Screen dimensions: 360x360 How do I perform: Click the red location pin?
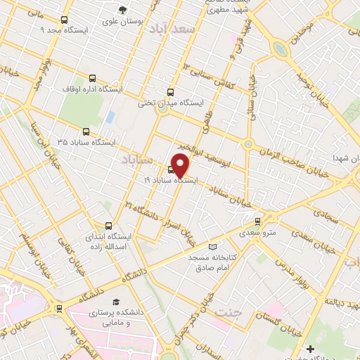pos(181,165)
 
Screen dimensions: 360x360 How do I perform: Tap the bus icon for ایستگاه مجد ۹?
pos(65,20)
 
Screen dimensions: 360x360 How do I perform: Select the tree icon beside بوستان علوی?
pos(122,10)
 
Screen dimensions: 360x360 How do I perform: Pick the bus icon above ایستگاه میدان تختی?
pos(170,92)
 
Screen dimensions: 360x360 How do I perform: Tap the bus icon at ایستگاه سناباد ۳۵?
pos(86,131)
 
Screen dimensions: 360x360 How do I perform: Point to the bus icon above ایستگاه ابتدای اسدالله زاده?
pos(108,226)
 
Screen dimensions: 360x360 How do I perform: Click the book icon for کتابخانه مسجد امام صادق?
pos(214,247)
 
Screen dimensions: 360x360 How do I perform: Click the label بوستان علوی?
pos(122,22)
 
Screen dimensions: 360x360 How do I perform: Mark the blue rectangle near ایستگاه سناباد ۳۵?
pos(110,116)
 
